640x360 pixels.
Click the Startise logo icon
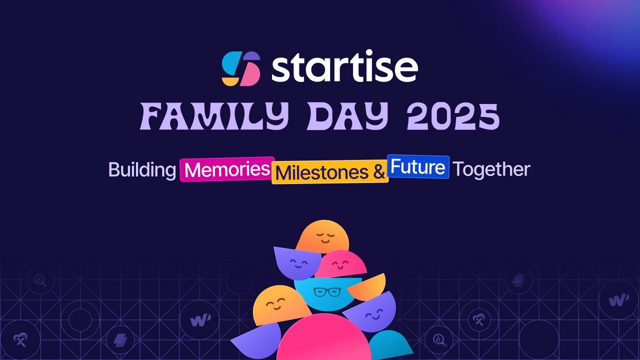(241, 68)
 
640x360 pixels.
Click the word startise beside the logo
(344, 68)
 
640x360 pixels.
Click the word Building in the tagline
(141, 169)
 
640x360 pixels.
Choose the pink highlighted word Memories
(227, 169)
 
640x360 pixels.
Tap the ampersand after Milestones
(379, 172)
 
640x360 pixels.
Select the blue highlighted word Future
(418, 166)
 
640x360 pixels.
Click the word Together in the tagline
(491, 169)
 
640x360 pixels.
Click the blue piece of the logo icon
(231, 62)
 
